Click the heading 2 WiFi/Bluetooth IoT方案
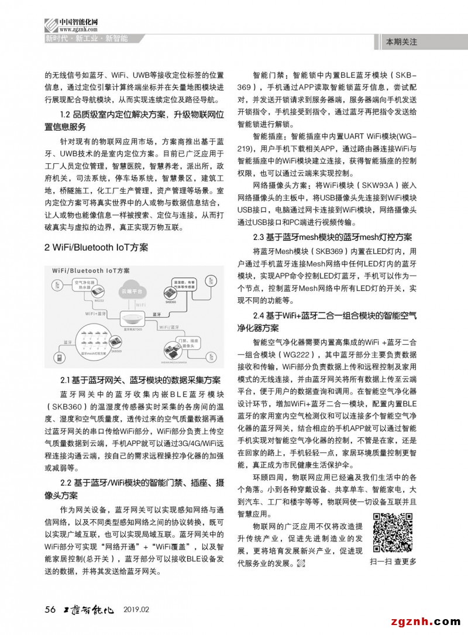97,248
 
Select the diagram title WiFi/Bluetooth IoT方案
91,271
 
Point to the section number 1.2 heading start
66,114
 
